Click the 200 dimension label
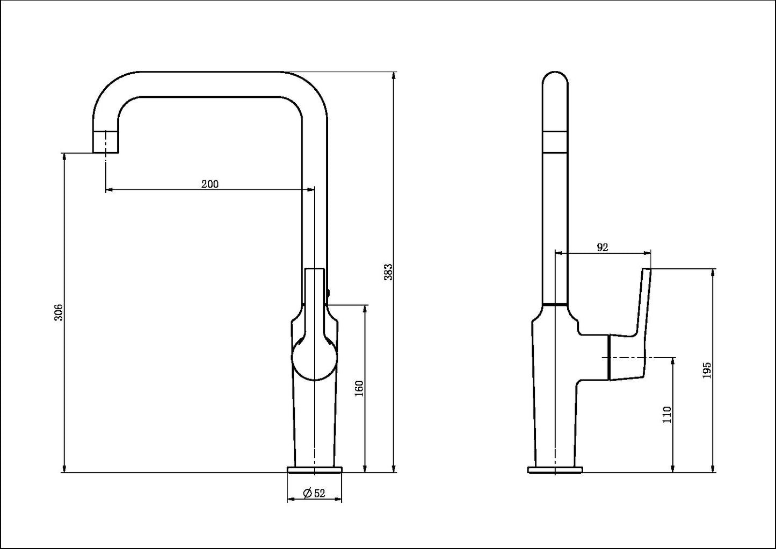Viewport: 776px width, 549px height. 210,184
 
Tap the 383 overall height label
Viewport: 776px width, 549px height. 389,272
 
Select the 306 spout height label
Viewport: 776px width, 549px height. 59,312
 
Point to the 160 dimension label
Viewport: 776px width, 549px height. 360,389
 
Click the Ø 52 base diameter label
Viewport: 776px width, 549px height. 314,493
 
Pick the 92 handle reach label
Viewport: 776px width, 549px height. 603,247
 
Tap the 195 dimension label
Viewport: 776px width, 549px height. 707,370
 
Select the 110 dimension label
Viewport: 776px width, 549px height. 667,415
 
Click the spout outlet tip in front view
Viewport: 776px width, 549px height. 106,142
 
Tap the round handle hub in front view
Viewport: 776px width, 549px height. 314,358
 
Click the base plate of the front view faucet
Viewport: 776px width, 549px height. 315,469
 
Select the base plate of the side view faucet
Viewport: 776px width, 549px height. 555,469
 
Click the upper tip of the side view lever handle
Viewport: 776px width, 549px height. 647,269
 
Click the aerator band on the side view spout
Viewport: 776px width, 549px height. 555,142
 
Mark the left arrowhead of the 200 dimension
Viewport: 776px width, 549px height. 109,189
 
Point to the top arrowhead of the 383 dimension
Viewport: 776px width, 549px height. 393,76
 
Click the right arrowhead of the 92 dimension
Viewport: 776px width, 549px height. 647,253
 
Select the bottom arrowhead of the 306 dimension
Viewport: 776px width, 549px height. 64,468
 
